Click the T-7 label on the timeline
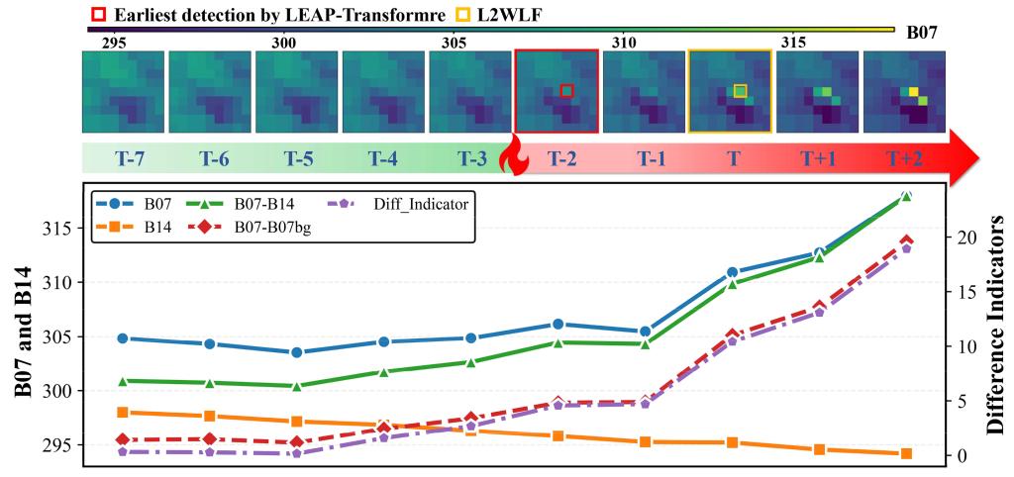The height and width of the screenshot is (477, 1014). pyautogui.click(x=124, y=158)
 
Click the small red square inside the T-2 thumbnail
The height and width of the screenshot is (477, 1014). pyautogui.click(x=566, y=90)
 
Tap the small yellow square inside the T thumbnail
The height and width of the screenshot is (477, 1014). pyautogui.click(x=740, y=90)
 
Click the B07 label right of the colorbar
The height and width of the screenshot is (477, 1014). pyautogui.click(x=921, y=33)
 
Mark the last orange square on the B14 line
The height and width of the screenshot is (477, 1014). pyautogui.click(x=906, y=453)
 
